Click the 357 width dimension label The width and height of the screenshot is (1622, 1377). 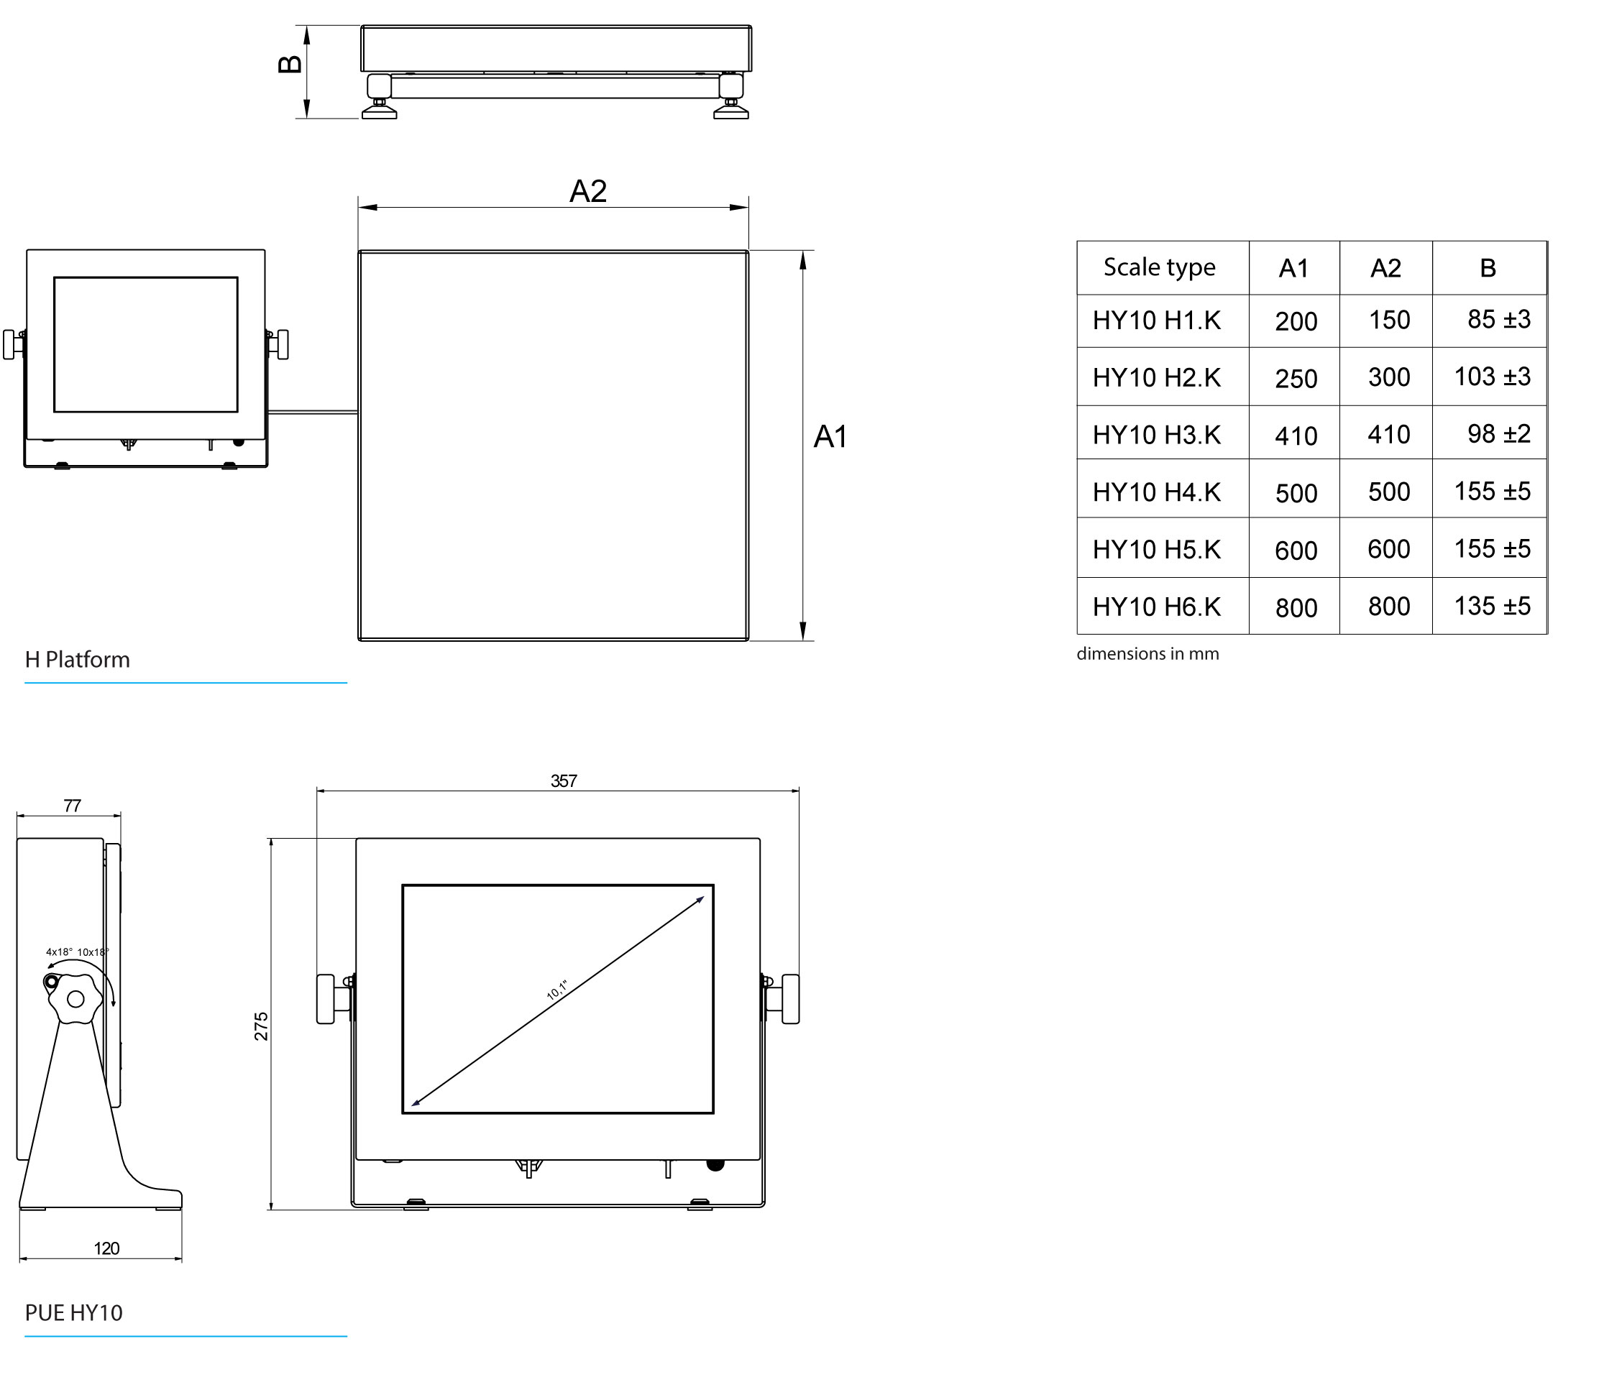(x=563, y=780)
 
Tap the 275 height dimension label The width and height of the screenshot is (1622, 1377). (x=261, y=1026)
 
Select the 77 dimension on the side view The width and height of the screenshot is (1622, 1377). (x=72, y=806)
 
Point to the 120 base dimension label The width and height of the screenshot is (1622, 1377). (x=106, y=1248)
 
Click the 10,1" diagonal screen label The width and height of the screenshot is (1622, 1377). (x=556, y=990)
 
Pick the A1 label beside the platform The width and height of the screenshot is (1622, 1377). (x=830, y=437)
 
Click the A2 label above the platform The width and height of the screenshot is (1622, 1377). (x=587, y=191)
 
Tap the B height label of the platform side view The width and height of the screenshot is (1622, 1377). (x=290, y=64)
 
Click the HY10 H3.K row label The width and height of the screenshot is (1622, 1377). (x=1156, y=435)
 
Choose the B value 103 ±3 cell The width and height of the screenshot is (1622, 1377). (x=1491, y=377)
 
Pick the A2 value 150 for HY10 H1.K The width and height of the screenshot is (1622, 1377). (x=1388, y=320)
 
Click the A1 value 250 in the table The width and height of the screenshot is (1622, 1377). (x=1296, y=379)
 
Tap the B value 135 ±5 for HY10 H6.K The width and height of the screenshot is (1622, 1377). (x=1491, y=607)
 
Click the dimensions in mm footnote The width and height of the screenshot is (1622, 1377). (x=1147, y=653)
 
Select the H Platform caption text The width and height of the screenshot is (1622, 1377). (x=78, y=660)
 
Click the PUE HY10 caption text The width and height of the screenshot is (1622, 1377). (x=73, y=1313)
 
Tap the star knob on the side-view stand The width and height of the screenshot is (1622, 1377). (x=75, y=998)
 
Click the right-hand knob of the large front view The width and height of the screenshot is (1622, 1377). (x=789, y=998)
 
